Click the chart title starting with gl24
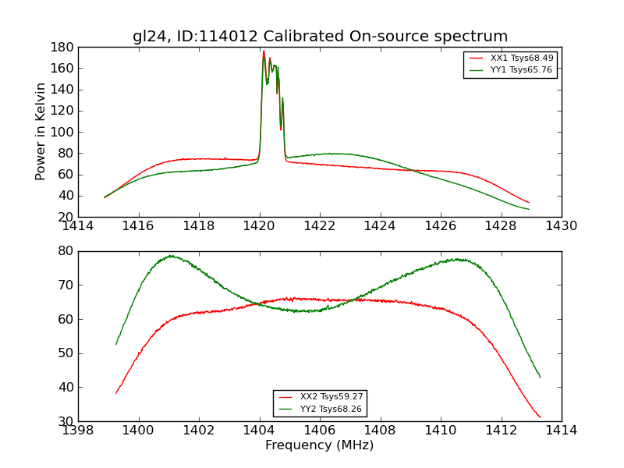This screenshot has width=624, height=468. [x=320, y=37]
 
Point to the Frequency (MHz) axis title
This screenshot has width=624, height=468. [x=320, y=445]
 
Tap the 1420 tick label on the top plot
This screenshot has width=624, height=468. [x=260, y=226]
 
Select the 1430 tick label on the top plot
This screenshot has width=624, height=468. [x=561, y=226]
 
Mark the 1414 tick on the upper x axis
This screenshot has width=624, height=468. [x=79, y=226]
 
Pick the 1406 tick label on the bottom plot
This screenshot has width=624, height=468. [x=320, y=430]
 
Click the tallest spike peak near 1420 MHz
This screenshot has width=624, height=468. [x=264, y=51]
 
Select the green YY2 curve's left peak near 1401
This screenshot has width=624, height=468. [x=170, y=256]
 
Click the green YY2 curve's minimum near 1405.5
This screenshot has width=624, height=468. [x=310, y=311]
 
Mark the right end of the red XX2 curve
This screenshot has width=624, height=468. [x=540, y=417]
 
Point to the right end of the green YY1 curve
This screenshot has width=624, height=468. [x=529, y=209]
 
